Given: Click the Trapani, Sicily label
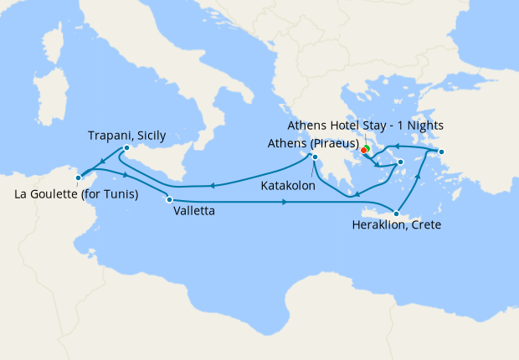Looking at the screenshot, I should [x=127, y=135].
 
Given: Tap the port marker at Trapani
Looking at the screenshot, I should [x=126, y=148].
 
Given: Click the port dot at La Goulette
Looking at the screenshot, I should [x=78, y=177].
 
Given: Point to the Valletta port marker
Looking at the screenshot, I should [x=169, y=199].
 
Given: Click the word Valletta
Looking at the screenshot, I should [x=194, y=212].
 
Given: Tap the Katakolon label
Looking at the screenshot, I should [x=288, y=185].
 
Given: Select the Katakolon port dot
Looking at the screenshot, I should [x=315, y=157].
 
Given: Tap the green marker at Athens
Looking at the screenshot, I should [x=367, y=149].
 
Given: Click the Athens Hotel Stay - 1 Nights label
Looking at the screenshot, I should [x=365, y=126].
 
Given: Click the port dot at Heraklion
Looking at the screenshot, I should [x=397, y=213].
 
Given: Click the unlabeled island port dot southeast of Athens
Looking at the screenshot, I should [x=400, y=162].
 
